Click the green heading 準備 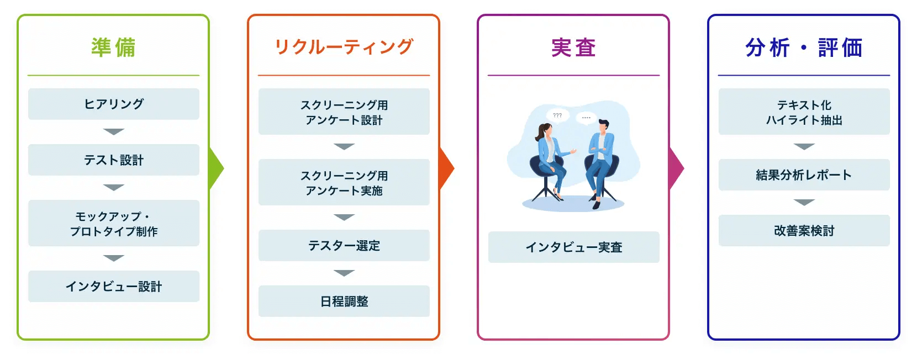pyautogui.click(x=113, y=47)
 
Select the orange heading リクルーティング pyautogui.click(x=344, y=47)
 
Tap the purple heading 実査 pyautogui.click(x=573, y=47)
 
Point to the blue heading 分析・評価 pyautogui.click(x=804, y=47)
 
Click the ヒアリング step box pyautogui.click(x=114, y=104)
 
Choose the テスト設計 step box pyautogui.click(x=114, y=160)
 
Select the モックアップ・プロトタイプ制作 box pyautogui.click(x=114, y=223)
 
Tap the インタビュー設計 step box pyautogui.click(x=114, y=286)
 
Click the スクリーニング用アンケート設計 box pyautogui.click(x=344, y=112)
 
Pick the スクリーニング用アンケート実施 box pyautogui.click(x=344, y=182)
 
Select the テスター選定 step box pyautogui.click(x=344, y=245)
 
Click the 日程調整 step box pyautogui.click(x=344, y=301)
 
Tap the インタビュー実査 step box pyautogui.click(x=573, y=247)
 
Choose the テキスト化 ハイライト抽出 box pyautogui.click(x=804, y=112)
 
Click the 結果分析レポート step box pyautogui.click(x=804, y=175)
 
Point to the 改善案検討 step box pyautogui.click(x=804, y=230)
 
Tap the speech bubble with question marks pyautogui.click(x=557, y=116)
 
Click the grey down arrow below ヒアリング pyautogui.click(x=114, y=132)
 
